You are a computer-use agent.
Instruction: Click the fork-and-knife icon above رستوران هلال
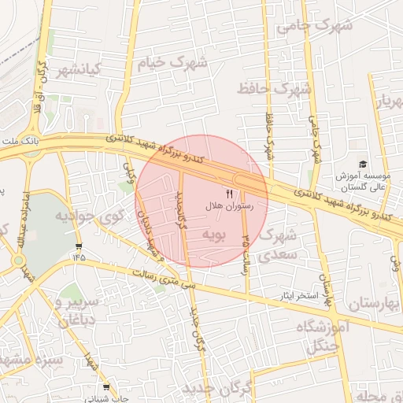229,193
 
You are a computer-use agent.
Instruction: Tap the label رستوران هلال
227,205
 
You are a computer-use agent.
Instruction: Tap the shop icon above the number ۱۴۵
79,246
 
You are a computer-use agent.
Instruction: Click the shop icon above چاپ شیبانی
106,387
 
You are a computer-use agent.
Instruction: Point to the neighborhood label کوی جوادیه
87,215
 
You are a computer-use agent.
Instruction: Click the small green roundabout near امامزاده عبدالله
18,260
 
